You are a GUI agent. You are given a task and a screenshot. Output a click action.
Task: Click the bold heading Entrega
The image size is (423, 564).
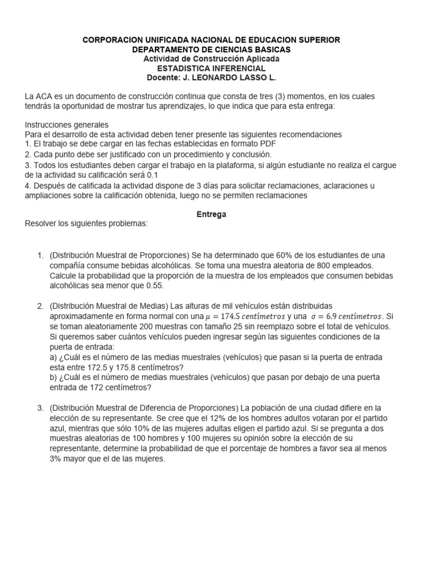211,215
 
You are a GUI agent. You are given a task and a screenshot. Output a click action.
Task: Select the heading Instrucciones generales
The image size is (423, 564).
67,124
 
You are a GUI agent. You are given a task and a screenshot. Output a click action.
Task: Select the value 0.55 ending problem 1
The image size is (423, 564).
154,286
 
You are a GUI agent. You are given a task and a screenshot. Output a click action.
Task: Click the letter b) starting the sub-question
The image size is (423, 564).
54,377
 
